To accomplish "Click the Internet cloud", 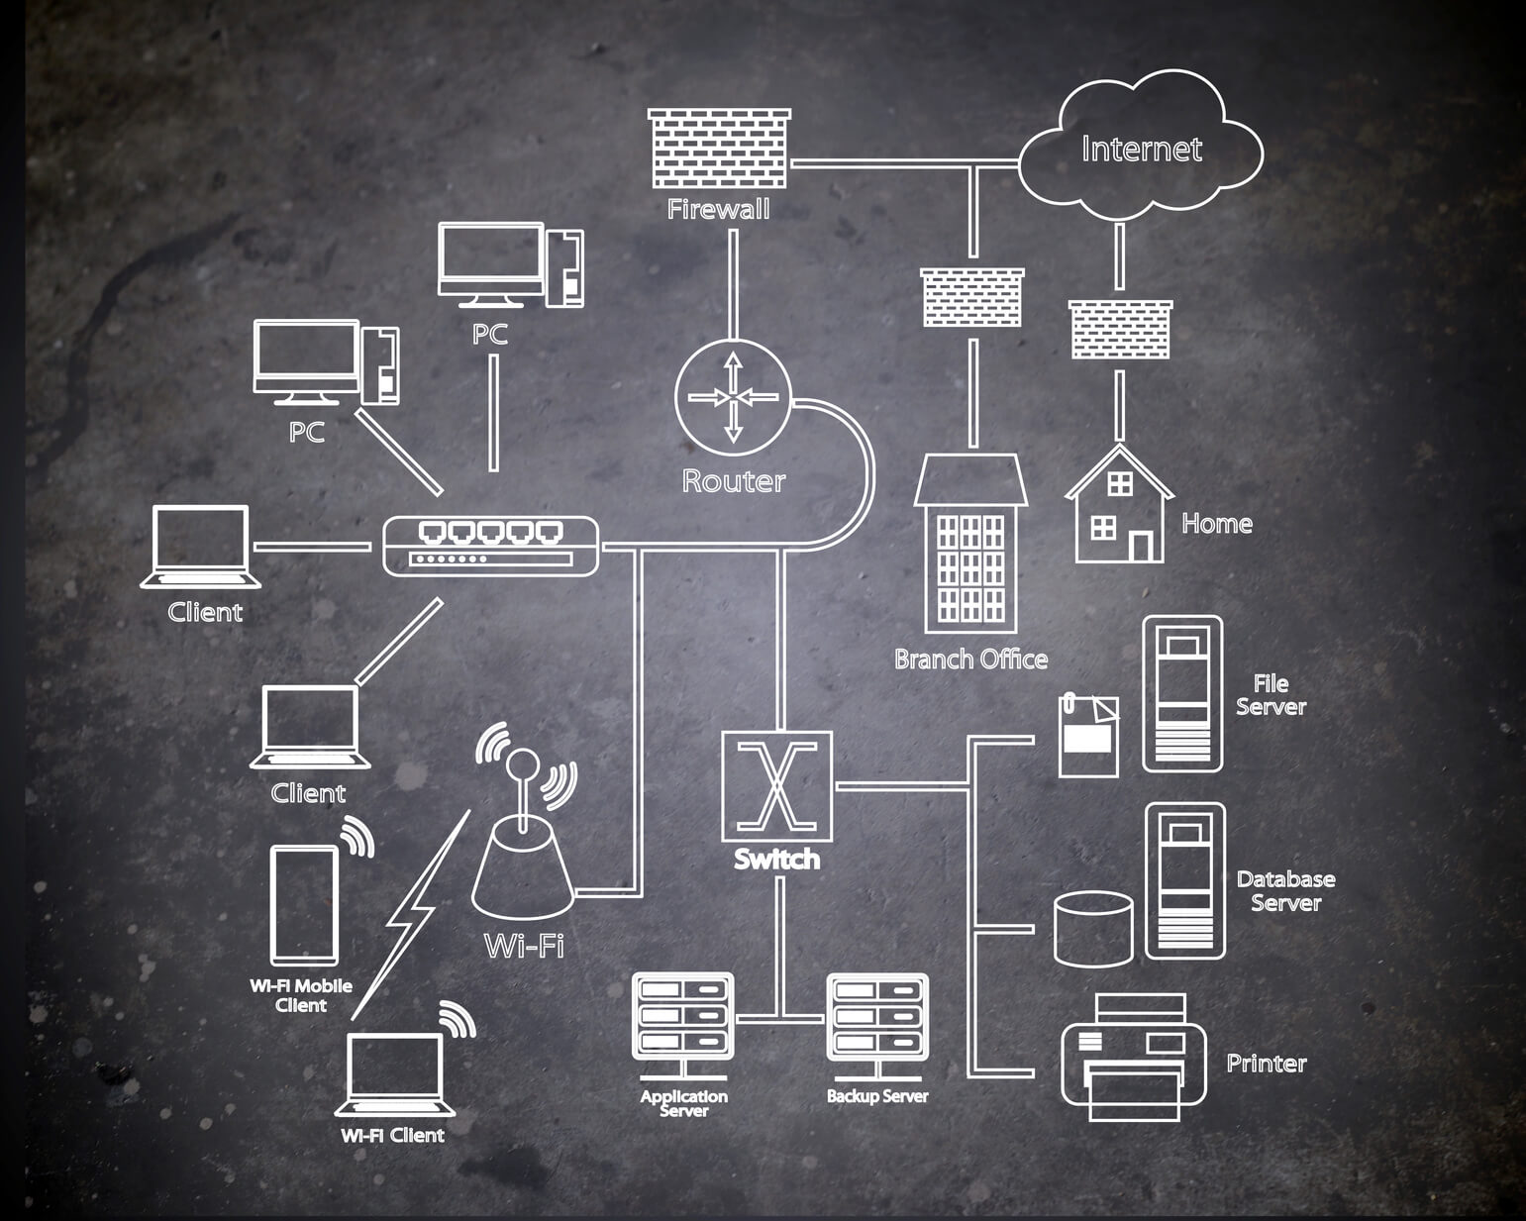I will pos(1142,149).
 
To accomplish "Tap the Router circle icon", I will pos(733,396).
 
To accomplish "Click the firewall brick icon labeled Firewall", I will pos(719,149).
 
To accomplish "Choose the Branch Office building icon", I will pos(970,545).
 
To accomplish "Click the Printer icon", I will pos(1134,1058).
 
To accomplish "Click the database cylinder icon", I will pos(1092,928).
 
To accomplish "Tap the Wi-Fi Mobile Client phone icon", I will pos(304,904).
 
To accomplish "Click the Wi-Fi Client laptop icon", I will pos(394,1074).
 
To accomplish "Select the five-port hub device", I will pos(491,545).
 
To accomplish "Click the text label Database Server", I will pos(1285,890).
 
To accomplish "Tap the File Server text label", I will pos(1271,694).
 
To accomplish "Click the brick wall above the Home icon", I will pos(1120,330).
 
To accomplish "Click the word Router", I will pos(733,481).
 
